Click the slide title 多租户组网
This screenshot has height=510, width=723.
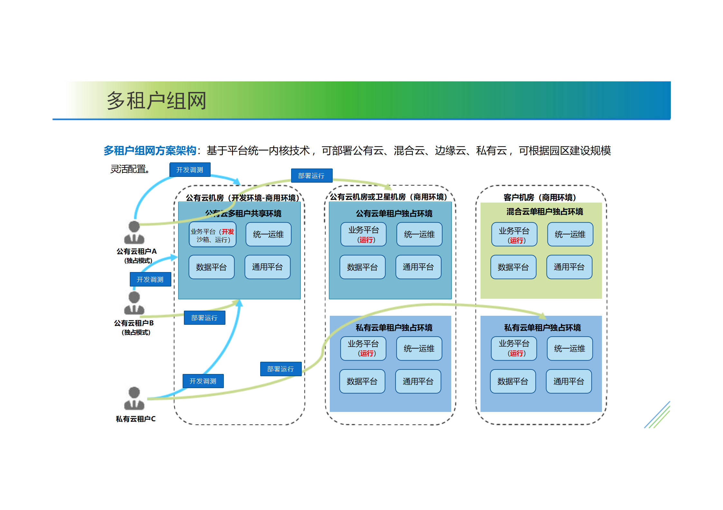tap(156, 101)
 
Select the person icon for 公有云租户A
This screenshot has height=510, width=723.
tap(134, 233)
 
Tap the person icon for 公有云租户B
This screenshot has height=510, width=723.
tap(134, 303)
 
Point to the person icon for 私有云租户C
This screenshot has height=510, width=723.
tap(134, 399)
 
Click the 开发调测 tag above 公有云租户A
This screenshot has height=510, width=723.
tap(190, 170)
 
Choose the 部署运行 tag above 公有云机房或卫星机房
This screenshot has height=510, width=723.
tap(311, 176)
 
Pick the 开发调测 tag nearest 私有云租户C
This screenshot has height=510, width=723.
tap(203, 381)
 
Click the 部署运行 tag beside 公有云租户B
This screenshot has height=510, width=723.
tap(205, 318)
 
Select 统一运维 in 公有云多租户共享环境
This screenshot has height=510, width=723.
tap(268, 234)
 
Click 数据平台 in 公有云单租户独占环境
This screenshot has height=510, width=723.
tap(362, 267)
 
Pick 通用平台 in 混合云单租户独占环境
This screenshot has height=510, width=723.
tap(569, 267)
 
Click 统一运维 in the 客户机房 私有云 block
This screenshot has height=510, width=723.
tap(569, 349)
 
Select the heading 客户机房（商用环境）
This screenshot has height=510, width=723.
tap(539, 197)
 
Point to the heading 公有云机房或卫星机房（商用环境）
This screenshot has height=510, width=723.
tap(388, 197)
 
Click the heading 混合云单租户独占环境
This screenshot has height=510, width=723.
tap(545, 212)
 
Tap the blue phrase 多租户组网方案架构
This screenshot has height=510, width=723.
tap(150, 150)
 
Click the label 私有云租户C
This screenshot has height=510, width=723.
tap(136, 419)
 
